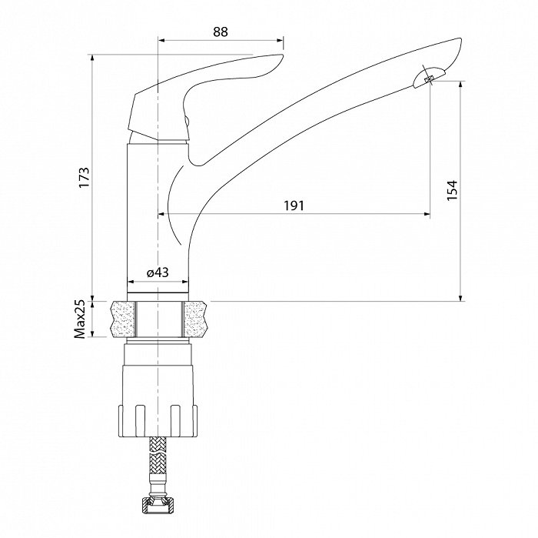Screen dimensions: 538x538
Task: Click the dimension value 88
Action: coord(221,32)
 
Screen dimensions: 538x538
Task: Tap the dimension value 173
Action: coord(84,177)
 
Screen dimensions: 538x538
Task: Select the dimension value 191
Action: coord(294,206)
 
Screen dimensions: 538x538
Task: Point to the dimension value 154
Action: coord(452,190)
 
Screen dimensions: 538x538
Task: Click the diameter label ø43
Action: coord(158,272)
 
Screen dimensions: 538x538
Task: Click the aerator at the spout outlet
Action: coord(429,79)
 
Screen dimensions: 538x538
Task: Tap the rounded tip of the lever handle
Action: coord(278,59)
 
